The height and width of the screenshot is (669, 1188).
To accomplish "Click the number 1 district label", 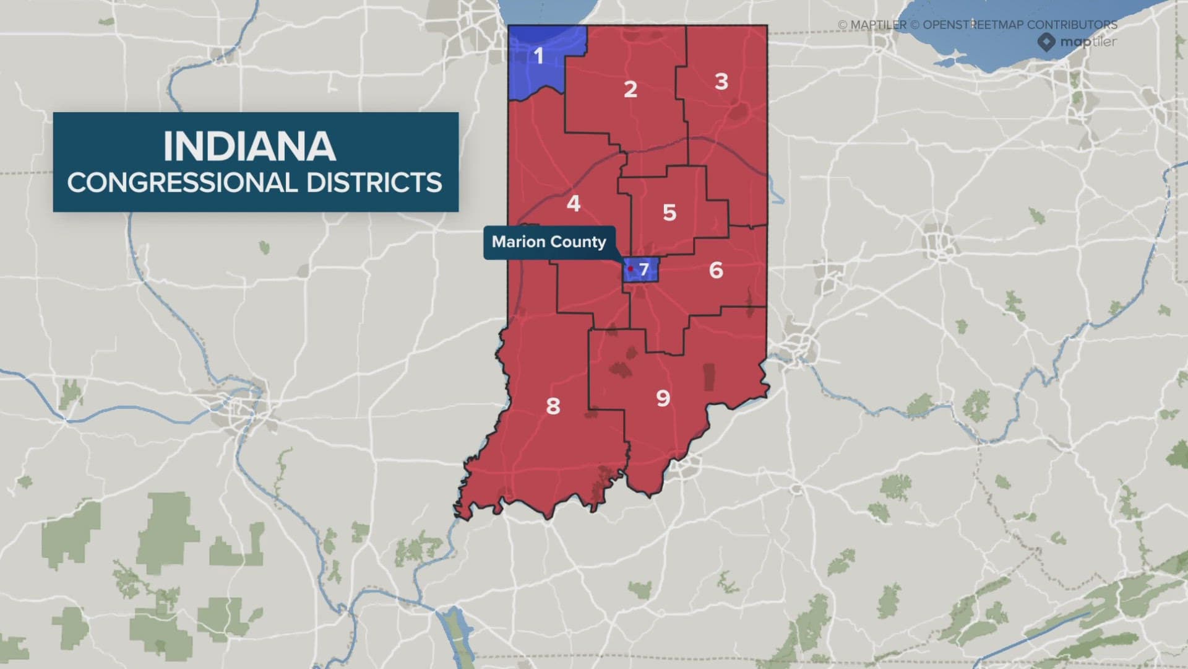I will (x=539, y=56).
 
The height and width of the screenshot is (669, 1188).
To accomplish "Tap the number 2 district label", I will (x=631, y=89).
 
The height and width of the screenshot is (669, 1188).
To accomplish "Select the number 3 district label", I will (x=721, y=81).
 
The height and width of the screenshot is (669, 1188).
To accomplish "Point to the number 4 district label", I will (x=574, y=203).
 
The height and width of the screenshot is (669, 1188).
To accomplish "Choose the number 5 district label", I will (x=669, y=212).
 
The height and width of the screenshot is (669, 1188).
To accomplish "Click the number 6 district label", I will (x=716, y=270).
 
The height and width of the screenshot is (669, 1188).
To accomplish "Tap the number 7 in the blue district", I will (x=644, y=269).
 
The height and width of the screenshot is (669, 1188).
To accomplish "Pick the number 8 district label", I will (x=553, y=406).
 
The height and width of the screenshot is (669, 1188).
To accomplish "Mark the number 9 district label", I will (x=663, y=398).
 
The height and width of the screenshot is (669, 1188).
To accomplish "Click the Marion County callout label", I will (x=549, y=242).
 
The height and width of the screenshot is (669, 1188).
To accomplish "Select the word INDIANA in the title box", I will (x=249, y=147).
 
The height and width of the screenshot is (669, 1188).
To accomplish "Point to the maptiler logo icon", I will (x=1046, y=42).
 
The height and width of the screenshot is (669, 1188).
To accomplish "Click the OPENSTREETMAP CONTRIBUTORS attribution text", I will (x=1020, y=25).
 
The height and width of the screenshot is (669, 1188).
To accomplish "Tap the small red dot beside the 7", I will (x=631, y=269).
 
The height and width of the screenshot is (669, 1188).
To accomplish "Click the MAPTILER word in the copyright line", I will (x=879, y=25).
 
